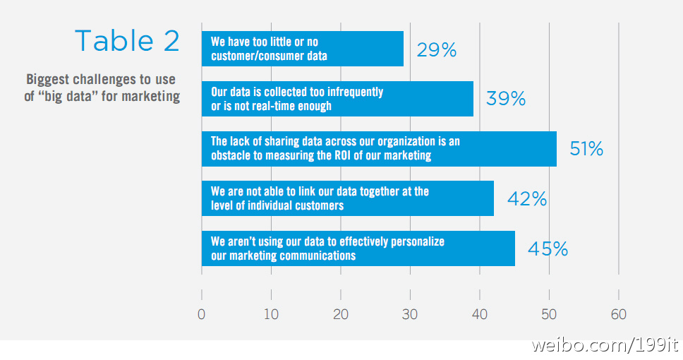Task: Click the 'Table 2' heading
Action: click(127, 41)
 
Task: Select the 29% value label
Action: click(436, 49)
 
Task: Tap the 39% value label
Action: click(506, 99)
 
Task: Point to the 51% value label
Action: click(586, 149)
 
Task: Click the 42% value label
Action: click(527, 199)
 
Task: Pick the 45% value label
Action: click(548, 248)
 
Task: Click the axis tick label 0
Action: click(202, 315)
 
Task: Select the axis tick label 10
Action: click(271, 315)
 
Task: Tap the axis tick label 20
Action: click(341, 315)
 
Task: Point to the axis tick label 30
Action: click(410, 315)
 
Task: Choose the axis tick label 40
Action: click(480, 315)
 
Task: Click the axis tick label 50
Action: click(549, 315)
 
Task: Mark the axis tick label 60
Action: click(619, 315)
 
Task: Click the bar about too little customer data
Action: click(302, 49)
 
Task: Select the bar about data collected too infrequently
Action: click(337, 99)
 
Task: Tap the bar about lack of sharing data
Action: click(379, 149)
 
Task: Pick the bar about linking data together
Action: click(347, 199)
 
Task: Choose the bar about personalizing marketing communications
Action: click(358, 248)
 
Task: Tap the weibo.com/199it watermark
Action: click(605, 346)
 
